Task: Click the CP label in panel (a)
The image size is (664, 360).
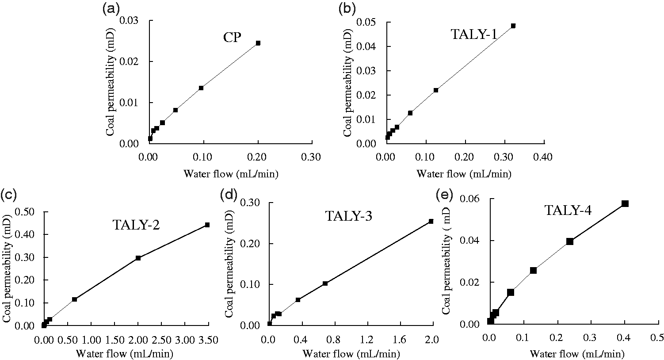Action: [x=232, y=38]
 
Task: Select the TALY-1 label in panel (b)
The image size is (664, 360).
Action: [x=474, y=34]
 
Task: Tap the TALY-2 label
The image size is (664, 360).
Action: [x=136, y=225]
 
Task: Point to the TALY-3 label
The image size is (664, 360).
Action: [x=349, y=216]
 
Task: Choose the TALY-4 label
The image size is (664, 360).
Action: [x=568, y=210]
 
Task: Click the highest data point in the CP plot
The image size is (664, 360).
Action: [x=258, y=43]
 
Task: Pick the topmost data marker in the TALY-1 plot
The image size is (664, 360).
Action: [x=513, y=26]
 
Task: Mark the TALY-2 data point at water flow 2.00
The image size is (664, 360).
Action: [x=138, y=258]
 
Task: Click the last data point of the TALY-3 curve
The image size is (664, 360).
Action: [x=431, y=221]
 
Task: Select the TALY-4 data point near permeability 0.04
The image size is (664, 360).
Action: [x=569, y=241]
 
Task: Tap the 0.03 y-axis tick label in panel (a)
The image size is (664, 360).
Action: [x=129, y=20]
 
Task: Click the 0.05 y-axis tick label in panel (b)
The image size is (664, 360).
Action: [x=366, y=22]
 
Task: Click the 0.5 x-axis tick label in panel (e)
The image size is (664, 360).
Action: [x=658, y=338]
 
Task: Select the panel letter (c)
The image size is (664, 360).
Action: [x=8, y=195]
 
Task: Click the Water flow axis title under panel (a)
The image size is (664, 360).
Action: [x=231, y=173]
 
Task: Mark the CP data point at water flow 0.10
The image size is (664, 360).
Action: [x=201, y=88]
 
